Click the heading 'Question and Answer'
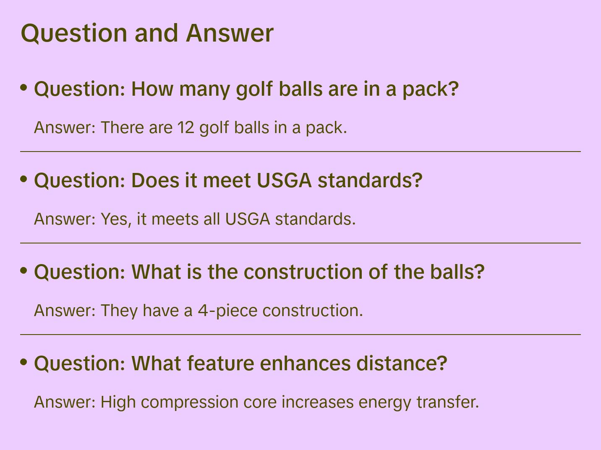pos(147,33)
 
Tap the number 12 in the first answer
pos(186,128)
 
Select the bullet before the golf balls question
pos(24,87)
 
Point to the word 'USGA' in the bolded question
pos(284,181)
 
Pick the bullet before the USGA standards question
pos(24,179)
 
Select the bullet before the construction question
pos(24,270)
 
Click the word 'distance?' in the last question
pos(402,364)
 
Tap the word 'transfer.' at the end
pos(447,402)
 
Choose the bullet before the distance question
pos(24,362)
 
